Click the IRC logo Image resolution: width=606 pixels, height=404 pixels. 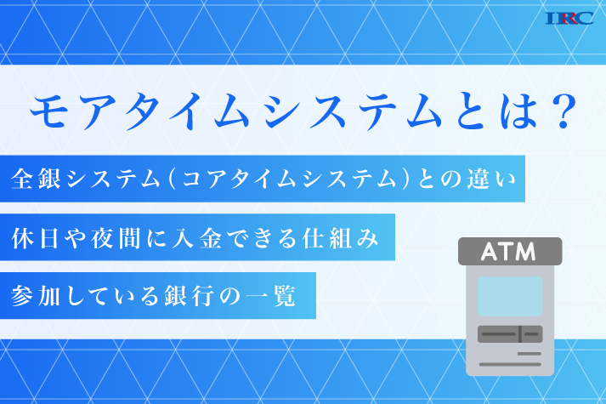569,18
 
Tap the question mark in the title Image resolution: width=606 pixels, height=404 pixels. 564,111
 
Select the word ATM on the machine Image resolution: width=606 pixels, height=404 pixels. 508,252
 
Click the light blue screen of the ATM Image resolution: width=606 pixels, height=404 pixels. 510,297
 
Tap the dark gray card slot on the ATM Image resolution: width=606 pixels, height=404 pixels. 510,334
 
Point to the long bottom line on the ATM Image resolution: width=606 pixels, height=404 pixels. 510,364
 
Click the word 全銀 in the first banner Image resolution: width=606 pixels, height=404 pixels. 36,179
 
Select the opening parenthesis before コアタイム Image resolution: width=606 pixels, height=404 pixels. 173,179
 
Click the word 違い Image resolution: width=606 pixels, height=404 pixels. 490,179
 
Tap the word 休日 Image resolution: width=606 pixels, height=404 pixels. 35,238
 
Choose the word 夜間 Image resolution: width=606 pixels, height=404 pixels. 116,238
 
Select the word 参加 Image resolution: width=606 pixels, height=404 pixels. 35,296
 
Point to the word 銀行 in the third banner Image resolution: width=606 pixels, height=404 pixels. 189,296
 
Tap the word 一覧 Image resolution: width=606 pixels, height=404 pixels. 270,296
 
